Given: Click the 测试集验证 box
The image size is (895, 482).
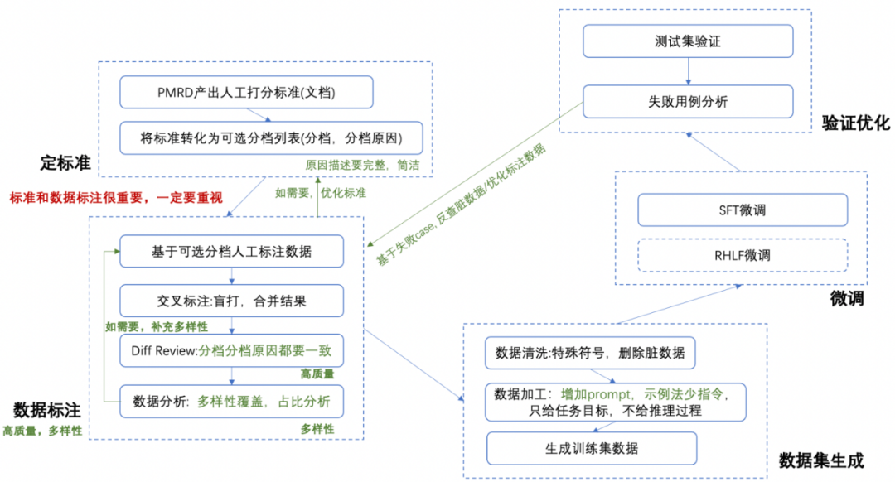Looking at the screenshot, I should click(x=688, y=41).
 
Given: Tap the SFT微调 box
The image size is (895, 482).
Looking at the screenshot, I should click(x=742, y=210).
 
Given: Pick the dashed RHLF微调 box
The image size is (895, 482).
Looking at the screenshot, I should click(x=742, y=254).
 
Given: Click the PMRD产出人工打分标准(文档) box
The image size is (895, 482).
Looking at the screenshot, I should click(x=245, y=92).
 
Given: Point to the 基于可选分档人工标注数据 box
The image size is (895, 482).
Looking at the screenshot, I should click(x=230, y=251).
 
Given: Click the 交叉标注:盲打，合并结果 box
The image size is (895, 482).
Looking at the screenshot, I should click(x=230, y=300).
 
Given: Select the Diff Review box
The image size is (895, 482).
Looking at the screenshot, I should click(x=230, y=351).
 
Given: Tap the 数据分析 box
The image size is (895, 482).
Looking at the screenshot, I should click(x=230, y=402).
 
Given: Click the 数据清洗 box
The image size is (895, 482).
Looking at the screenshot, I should click(x=590, y=353).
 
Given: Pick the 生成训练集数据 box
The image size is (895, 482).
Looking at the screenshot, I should click(x=590, y=449).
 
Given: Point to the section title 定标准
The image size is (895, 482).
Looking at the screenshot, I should click(x=64, y=163).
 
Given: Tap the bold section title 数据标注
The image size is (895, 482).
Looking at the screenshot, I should click(x=46, y=410).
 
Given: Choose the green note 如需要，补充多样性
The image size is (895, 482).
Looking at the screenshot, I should click(x=156, y=326).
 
